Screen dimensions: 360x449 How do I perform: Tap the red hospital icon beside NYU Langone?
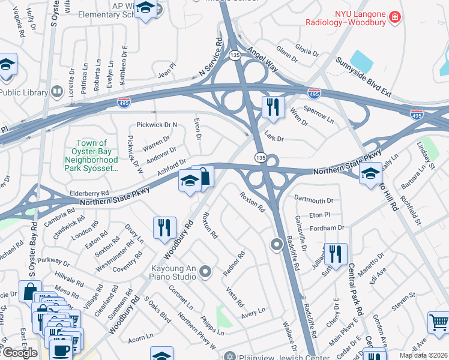tap(394, 17)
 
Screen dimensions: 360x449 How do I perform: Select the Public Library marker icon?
tap(58, 92)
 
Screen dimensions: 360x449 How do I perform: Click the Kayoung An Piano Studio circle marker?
tap(205, 272)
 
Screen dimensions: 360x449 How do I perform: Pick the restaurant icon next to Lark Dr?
tap(273, 107)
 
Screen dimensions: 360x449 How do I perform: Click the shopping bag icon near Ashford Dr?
tap(203, 176)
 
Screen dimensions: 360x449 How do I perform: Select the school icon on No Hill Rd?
tap(370, 173)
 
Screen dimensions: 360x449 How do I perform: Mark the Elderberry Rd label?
tap(89, 193)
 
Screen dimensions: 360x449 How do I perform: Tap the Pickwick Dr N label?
tap(157, 125)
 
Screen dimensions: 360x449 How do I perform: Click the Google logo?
tap(19, 353)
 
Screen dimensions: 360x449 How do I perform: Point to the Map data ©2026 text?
tap(423, 355)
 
